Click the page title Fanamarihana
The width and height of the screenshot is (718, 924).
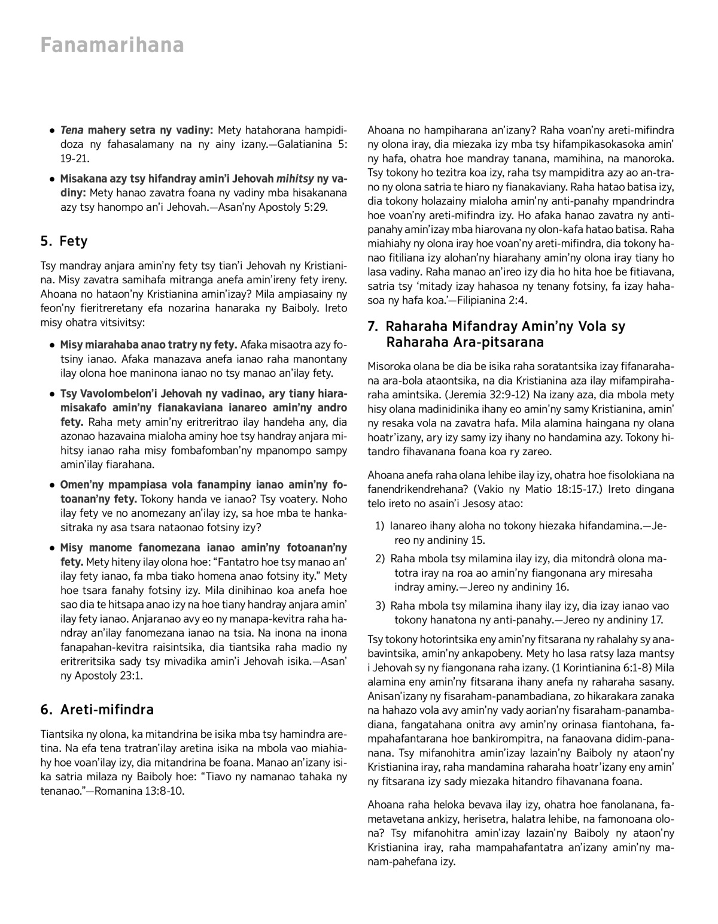coord(112,45)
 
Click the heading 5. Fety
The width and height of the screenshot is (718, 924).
coord(64,241)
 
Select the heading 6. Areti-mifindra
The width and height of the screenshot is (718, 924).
coord(97,710)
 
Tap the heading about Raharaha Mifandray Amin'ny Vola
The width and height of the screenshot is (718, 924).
coord(496,334)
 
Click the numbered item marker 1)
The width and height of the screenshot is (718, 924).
coord(379,526)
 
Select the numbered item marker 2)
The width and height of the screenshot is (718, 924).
coord(379,558)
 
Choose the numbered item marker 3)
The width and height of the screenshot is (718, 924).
coord(379,606)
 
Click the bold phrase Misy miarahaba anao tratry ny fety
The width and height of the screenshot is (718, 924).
coord(149,345)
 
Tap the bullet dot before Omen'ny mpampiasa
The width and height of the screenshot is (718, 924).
coord(53,485)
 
